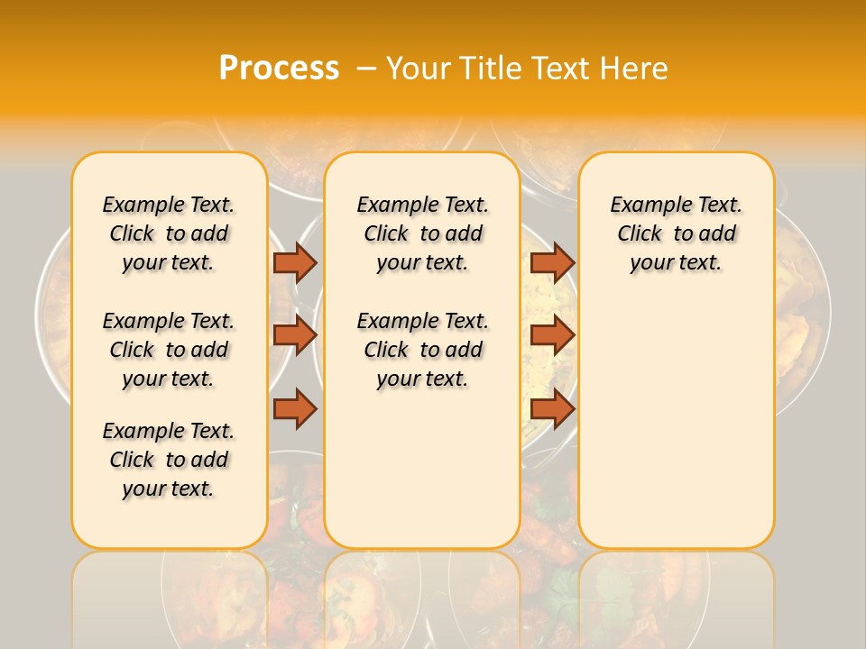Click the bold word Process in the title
(x=279, y=69)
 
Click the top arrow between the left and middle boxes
(x=295, y=262)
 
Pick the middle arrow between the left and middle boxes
(x=295, y=335)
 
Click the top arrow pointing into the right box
(x=552, y=262)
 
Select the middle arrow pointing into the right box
(x=552, y=335)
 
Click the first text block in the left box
(x=169, y=233)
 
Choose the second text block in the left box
(x=169, y=350)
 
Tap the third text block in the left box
(x=169, y=460)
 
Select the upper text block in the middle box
(x=422, y=233)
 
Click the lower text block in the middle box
(x=422, y=350)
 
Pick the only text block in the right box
(x=677, y=233)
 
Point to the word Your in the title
(x=418, y=69)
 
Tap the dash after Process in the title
(x=365, y=69)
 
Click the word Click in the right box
(x=640, y=234)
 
